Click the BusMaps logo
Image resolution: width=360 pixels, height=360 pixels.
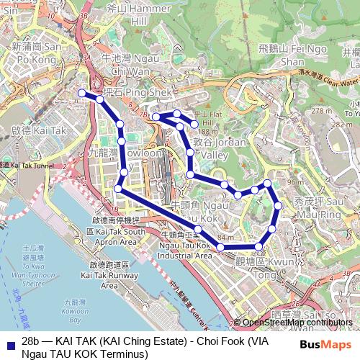(x=330, y=344)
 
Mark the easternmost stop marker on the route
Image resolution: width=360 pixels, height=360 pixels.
(x=279, y=207)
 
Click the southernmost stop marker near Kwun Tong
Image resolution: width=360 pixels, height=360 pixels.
(x=259, y=247)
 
